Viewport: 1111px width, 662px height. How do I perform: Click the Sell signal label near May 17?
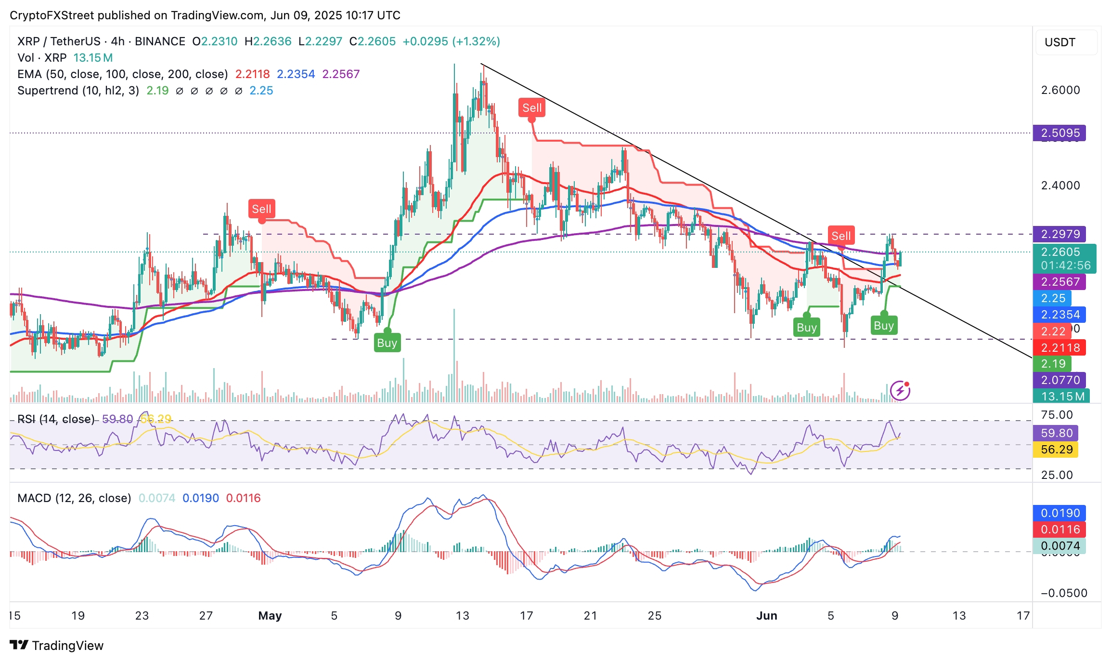coord(532,108)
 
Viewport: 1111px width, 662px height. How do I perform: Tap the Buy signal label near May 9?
coord(387,343)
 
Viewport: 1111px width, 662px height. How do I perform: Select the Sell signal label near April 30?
coord(261,209)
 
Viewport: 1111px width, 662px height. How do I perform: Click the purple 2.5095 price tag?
coord(1060,133)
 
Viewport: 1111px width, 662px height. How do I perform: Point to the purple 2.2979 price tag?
coord(1060,234)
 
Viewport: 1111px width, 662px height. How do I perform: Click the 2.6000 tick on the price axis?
coord(1060,90)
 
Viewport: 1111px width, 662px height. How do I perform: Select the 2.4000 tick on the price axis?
coord(1060,185)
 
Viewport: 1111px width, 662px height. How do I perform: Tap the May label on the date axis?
coord(270,616)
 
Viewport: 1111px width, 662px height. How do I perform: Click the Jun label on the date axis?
coord(766,616)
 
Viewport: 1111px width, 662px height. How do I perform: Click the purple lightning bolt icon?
coord(900,391)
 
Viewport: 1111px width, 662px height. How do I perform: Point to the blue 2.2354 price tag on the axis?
coord(1060,315)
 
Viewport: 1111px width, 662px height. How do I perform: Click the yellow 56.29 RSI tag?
coord(1056,450)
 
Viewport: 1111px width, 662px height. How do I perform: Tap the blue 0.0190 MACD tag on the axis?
coord(1060,513)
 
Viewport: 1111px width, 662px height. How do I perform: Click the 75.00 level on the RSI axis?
coord(1057,415)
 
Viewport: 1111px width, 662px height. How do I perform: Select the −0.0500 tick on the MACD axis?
coord(1063,593)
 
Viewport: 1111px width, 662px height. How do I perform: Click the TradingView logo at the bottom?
coord(57,646)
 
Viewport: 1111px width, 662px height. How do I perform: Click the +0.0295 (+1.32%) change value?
coord(451,41)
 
